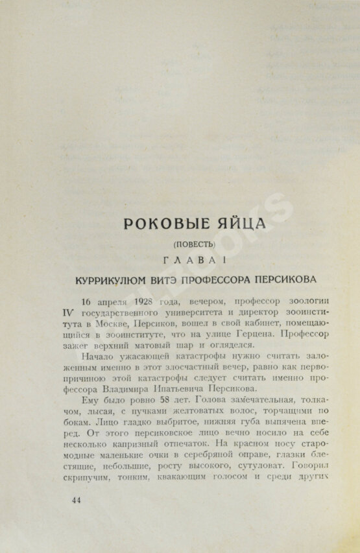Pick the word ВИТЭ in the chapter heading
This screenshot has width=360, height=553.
(x=171, y=280)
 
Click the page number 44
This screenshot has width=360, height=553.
(x=77, y=500)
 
